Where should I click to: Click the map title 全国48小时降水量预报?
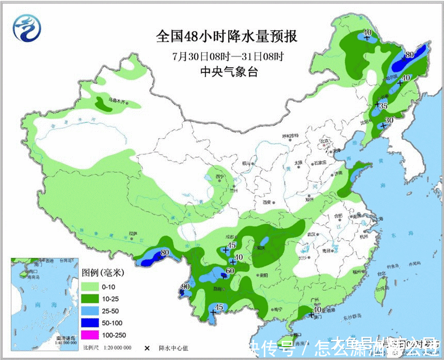(228, 37)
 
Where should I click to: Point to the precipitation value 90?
(185, 287)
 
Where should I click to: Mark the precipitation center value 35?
(383, 106)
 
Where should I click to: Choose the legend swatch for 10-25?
(90, 298)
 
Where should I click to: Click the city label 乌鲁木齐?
(116, 101)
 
